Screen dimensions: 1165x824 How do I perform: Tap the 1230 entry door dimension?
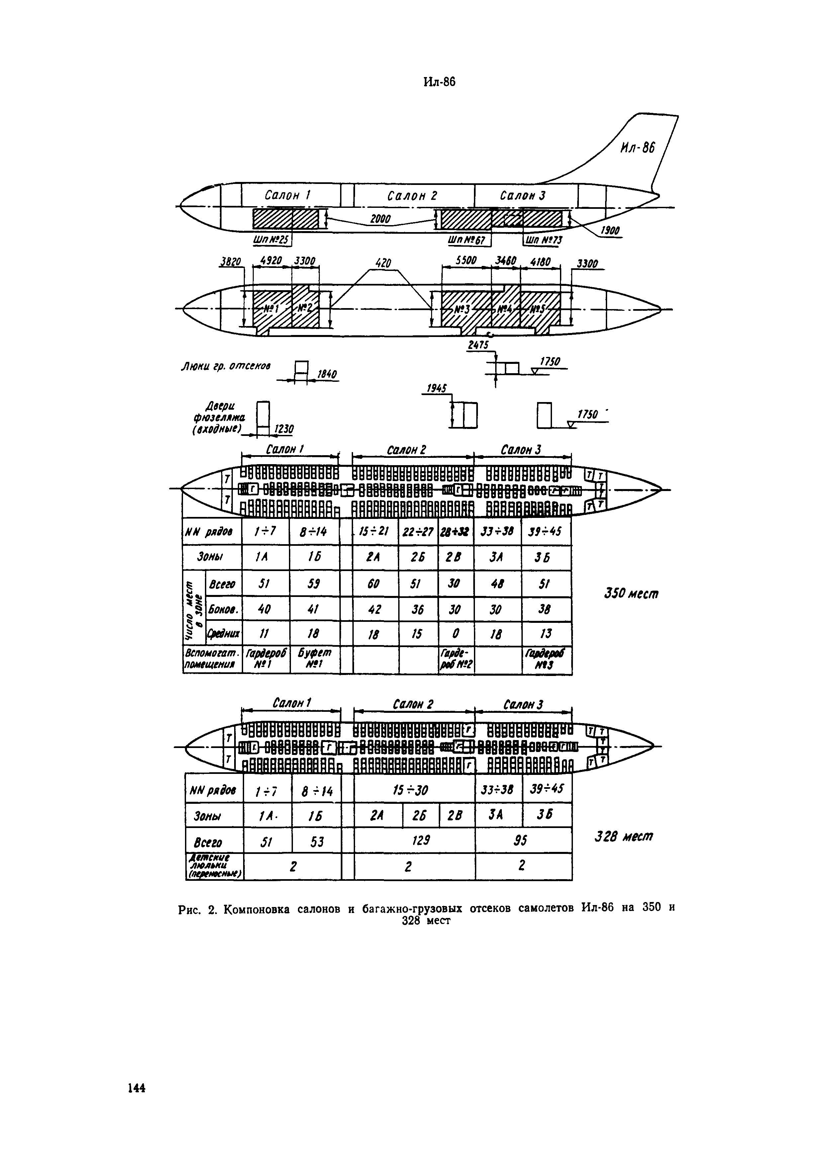click(x=284, y=430)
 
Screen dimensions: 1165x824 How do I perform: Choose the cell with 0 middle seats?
click(x=455, y=634)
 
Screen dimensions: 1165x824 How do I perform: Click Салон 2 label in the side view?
click(x=412, y=196)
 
